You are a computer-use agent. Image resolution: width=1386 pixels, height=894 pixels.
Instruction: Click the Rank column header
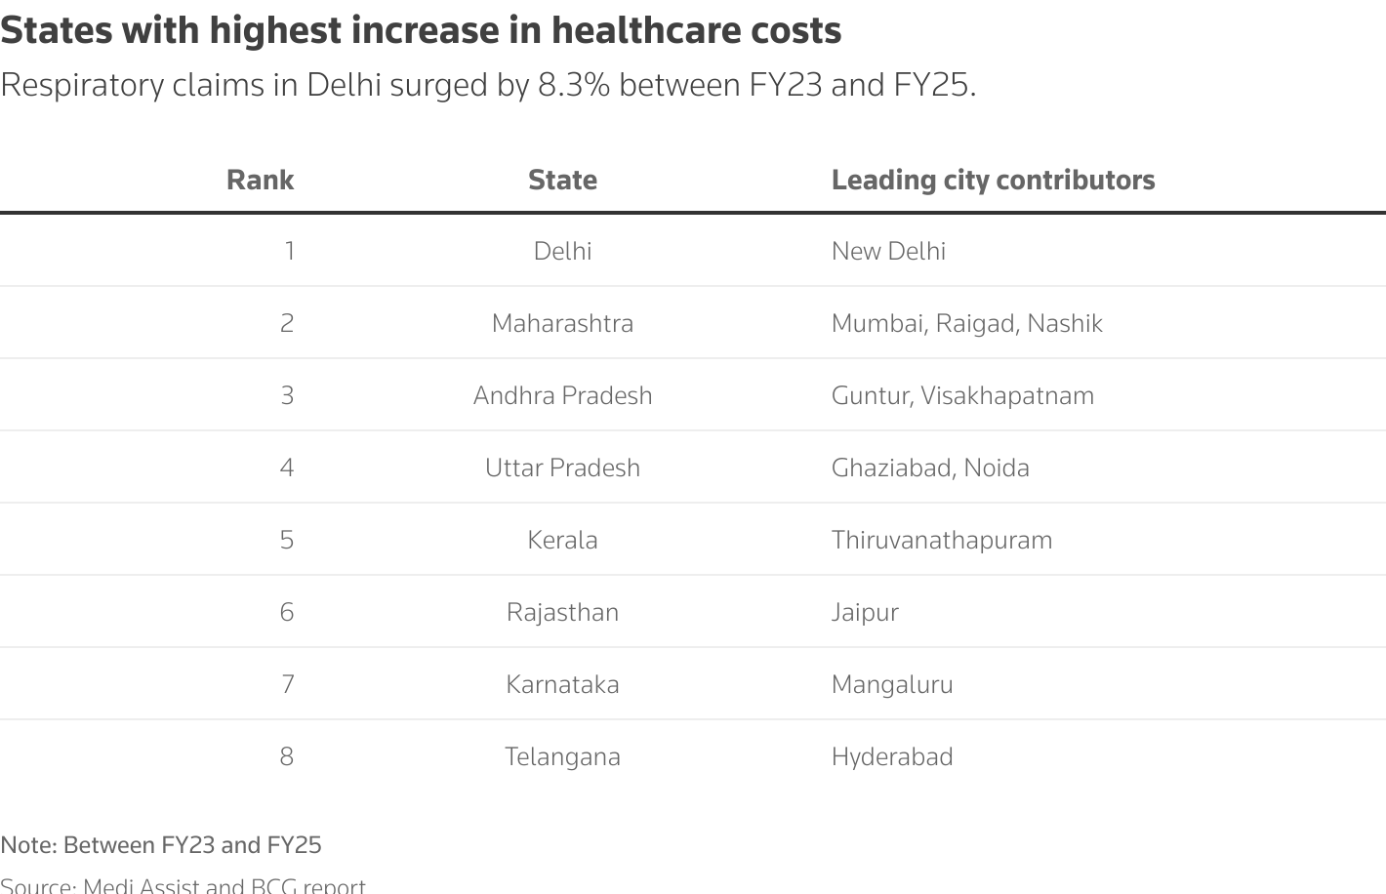260,180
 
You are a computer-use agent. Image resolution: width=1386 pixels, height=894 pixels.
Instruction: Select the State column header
562,180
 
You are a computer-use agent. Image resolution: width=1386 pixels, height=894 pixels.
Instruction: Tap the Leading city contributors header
993,180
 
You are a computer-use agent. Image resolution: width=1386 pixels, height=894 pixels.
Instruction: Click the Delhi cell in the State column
562,251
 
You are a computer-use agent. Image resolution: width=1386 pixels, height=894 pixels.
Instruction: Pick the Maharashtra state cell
562,323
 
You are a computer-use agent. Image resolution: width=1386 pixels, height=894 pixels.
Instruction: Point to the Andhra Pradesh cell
562,395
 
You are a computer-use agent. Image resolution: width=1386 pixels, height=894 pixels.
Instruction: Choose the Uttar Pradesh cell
562,467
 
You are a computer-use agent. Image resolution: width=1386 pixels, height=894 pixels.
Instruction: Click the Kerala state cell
562,540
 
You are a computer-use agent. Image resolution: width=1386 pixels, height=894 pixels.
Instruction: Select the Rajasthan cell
562,612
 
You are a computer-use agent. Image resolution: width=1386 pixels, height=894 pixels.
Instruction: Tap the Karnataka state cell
562,684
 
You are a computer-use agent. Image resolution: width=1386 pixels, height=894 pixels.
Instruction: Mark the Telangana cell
562,756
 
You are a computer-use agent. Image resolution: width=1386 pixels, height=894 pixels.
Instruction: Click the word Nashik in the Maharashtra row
1065,323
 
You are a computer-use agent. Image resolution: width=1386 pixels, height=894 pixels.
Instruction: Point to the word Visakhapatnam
1007,395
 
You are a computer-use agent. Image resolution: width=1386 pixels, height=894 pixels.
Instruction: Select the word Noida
997,467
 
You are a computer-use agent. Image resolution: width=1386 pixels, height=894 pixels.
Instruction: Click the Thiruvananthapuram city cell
942,540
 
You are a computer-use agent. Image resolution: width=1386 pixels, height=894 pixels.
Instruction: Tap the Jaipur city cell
865,612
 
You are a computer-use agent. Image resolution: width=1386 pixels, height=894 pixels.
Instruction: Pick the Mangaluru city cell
892,684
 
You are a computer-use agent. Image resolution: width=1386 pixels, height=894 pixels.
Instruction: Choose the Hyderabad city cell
892,756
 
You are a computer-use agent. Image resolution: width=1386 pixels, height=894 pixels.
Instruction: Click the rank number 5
286,540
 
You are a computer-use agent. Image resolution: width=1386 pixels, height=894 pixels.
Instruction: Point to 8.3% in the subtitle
574,85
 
